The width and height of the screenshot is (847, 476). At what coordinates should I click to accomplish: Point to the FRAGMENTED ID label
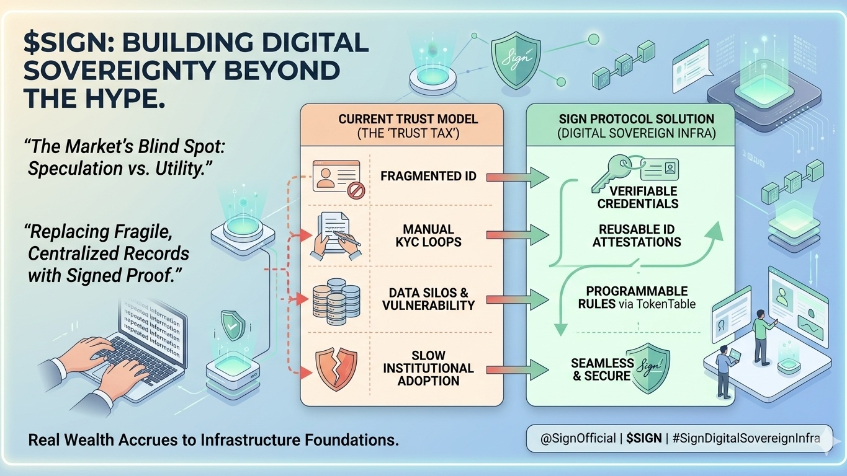click(428, 177)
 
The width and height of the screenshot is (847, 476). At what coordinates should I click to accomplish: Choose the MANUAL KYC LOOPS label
click(428, 236)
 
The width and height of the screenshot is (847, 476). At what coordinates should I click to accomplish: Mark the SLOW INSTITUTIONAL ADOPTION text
click(428, 368)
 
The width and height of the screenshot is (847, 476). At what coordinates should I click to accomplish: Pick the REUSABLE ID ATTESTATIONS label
click(637, 236)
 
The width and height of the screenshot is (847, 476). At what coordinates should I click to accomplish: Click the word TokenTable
click(665, 304)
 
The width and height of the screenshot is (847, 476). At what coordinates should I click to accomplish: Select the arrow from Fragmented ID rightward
click(518, 177)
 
